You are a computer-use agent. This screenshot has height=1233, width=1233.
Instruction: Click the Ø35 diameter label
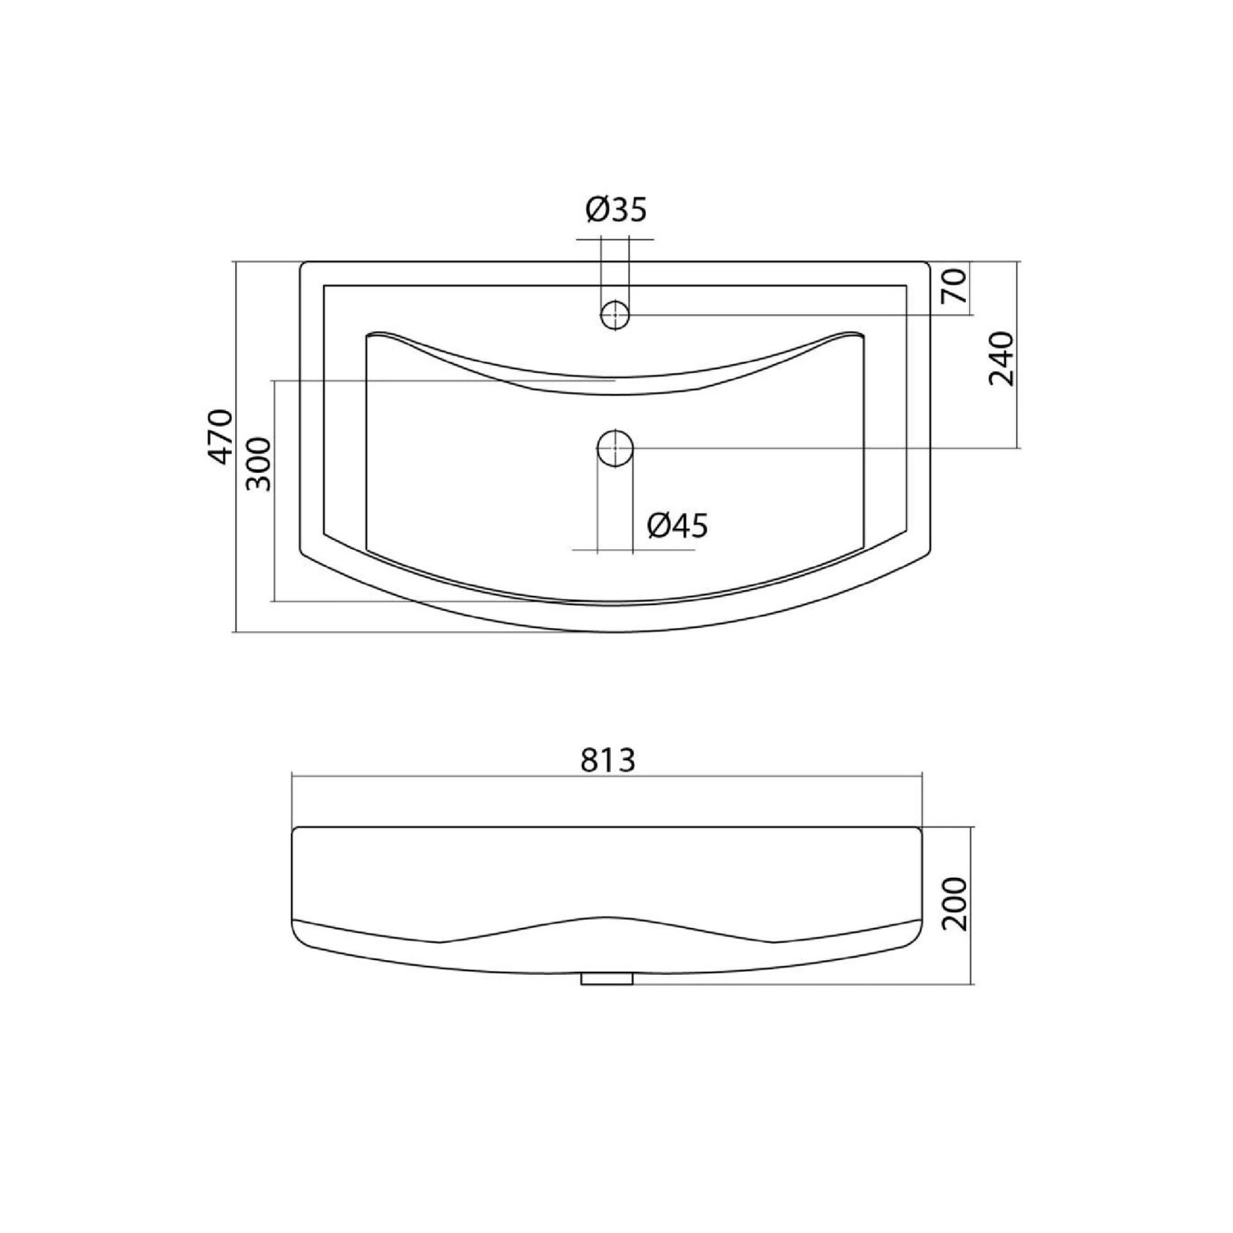point(616,210)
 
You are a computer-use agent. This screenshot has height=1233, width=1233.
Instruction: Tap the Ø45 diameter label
point(677,525)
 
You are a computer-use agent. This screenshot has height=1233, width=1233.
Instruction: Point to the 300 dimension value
point(257,464)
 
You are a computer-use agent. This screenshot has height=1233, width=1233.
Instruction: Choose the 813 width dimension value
point(609,761)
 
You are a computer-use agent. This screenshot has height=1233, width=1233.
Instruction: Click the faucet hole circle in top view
point(615,314)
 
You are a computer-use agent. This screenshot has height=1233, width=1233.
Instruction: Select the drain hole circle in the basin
point(615,448)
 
